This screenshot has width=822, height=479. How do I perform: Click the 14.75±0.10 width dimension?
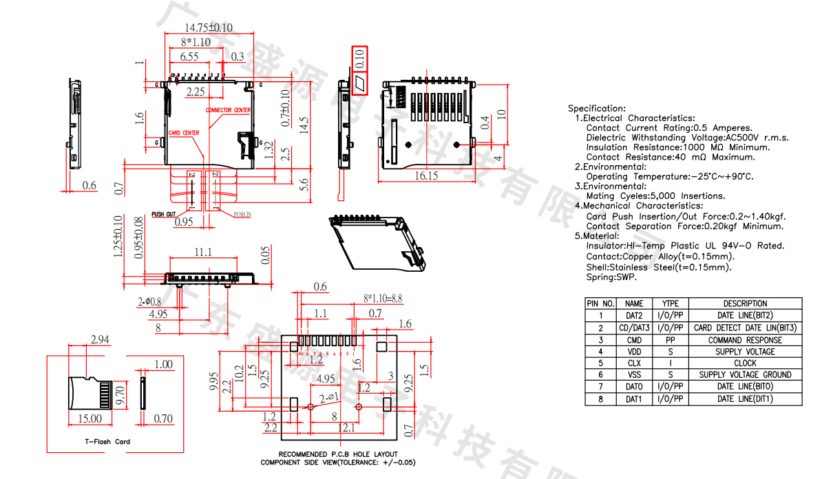209,28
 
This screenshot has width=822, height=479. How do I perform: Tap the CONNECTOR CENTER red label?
228,110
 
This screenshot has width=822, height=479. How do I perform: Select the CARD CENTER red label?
184,133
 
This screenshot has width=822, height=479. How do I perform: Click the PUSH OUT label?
164,214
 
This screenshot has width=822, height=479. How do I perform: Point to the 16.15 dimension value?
426,175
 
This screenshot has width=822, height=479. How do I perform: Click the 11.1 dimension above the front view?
202,253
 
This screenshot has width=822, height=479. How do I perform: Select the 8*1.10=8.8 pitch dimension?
383,299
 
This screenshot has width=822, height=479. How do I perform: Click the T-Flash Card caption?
107,442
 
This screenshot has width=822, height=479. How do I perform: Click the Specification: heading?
597,108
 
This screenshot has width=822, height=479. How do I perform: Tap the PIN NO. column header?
600,304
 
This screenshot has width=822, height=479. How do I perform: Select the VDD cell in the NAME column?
634,351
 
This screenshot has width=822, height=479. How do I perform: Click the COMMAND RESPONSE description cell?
745,339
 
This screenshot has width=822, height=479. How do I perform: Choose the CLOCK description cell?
745,363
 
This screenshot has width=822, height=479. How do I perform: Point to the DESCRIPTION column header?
745,304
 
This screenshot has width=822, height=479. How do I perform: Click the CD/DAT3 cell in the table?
634,328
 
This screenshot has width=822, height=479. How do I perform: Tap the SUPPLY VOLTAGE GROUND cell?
745,374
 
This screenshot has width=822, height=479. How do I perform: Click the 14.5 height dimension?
302,124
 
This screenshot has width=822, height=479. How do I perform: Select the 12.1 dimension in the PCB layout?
346,428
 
